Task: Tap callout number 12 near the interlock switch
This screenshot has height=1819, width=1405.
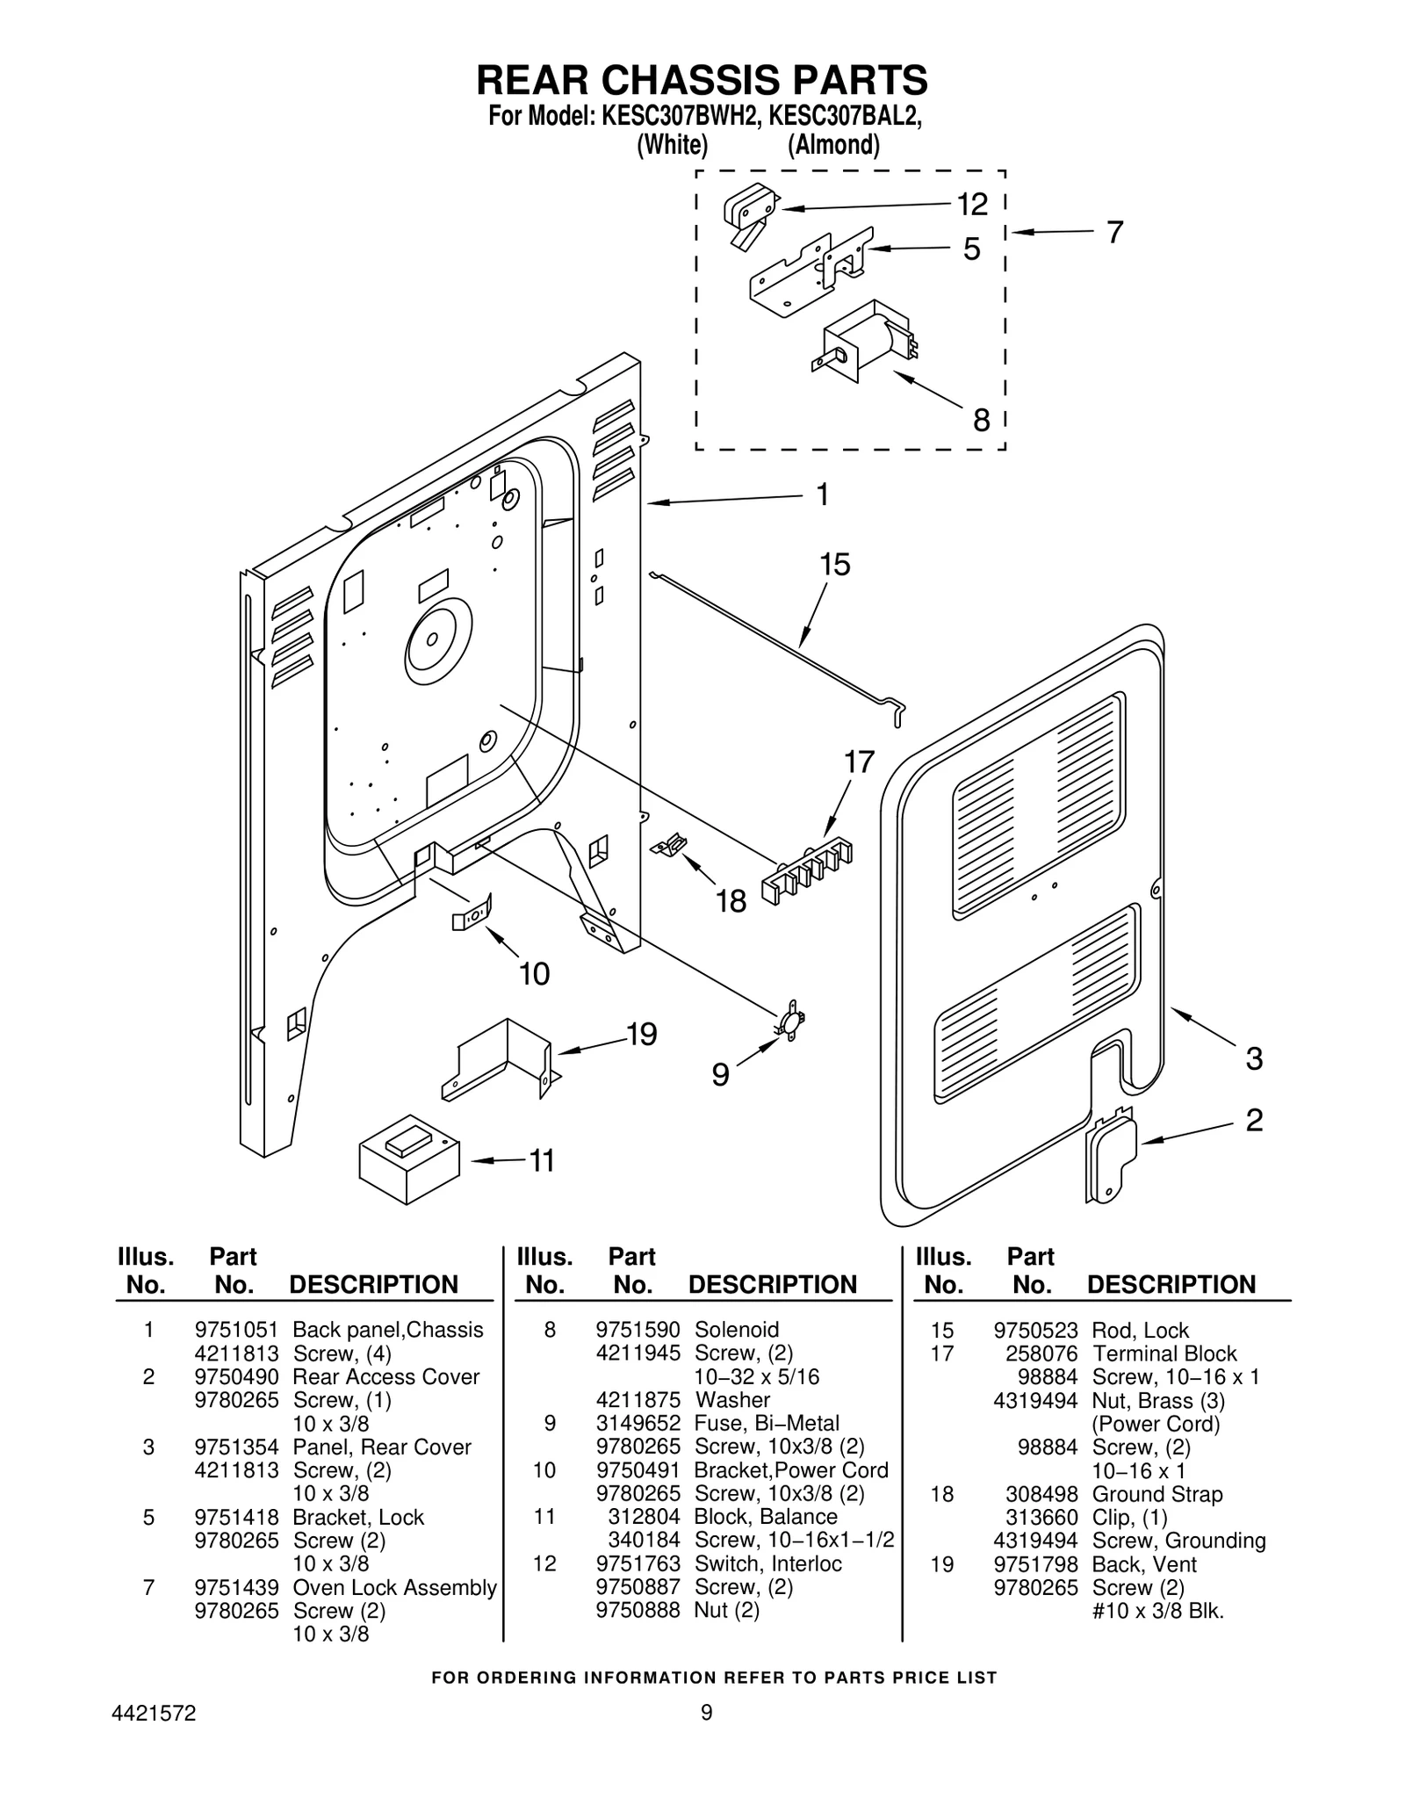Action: (x=972, y=205)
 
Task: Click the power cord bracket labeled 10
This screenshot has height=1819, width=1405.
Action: (x=472, y=913)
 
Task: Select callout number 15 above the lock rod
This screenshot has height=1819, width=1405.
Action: (x=835, y=565)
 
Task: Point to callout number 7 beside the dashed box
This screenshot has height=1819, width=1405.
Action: (x=1114, y=232)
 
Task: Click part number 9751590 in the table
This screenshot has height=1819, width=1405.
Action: (x=638, y=1330)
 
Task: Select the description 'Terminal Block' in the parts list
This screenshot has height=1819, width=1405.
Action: (x=1164, y=1353)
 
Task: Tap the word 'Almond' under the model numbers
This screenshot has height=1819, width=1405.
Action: (x=833, y=144)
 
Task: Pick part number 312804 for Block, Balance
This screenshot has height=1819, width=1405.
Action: (x=645, y=1517)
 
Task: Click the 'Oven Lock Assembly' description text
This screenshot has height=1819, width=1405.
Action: (x=394, y=1587)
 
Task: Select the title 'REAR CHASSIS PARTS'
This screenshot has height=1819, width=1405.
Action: (x=702, y=80)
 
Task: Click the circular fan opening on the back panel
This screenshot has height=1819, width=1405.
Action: (x=438, y=643)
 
